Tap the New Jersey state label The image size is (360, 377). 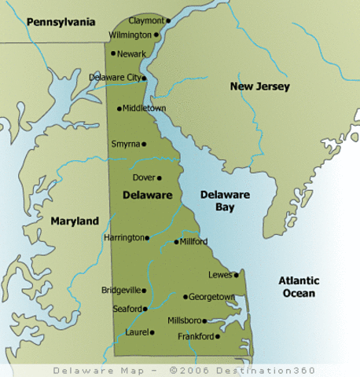259,86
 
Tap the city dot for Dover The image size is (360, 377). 159,178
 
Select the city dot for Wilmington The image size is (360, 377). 156,35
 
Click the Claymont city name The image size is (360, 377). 147,20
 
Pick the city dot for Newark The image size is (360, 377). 114,53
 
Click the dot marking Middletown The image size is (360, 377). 119,109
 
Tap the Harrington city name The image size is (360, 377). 124,237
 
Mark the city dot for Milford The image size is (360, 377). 176,242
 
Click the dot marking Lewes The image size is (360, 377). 236,275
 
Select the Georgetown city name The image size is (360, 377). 212,297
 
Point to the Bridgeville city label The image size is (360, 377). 123,290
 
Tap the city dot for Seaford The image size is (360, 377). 146,309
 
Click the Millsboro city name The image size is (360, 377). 185,320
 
